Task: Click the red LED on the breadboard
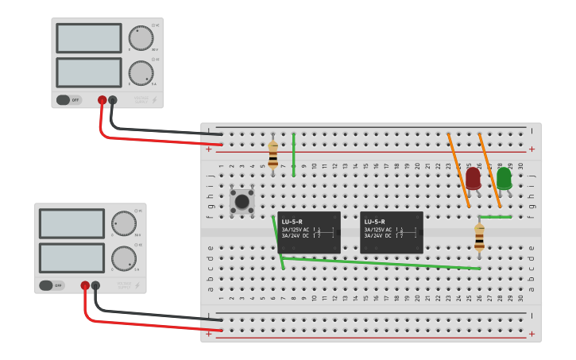[x=473, y=178]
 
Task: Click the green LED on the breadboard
[x=504, y=178]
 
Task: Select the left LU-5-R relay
[x=310, y=232]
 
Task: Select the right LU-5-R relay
[x=392, y=232]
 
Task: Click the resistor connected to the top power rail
[x=273, y=154]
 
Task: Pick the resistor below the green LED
[x=479, y=237]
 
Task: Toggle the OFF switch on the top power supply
[x=69, y=100]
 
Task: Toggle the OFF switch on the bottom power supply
[x=52, y=285]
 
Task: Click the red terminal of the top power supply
[x=102, y=100]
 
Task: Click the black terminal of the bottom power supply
[x=95, y=285]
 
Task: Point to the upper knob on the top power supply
[x=141, y=38]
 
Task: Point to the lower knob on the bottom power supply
[x=123, y=257]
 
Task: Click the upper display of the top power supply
[x=89, y=38]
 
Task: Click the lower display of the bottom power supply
[x=72, y=257]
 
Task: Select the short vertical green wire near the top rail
[x=293, y=155]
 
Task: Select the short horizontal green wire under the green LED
[x=495, y=216]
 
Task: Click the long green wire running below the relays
[x=381, y=263]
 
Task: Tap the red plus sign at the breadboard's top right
[x=532, y=149]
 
